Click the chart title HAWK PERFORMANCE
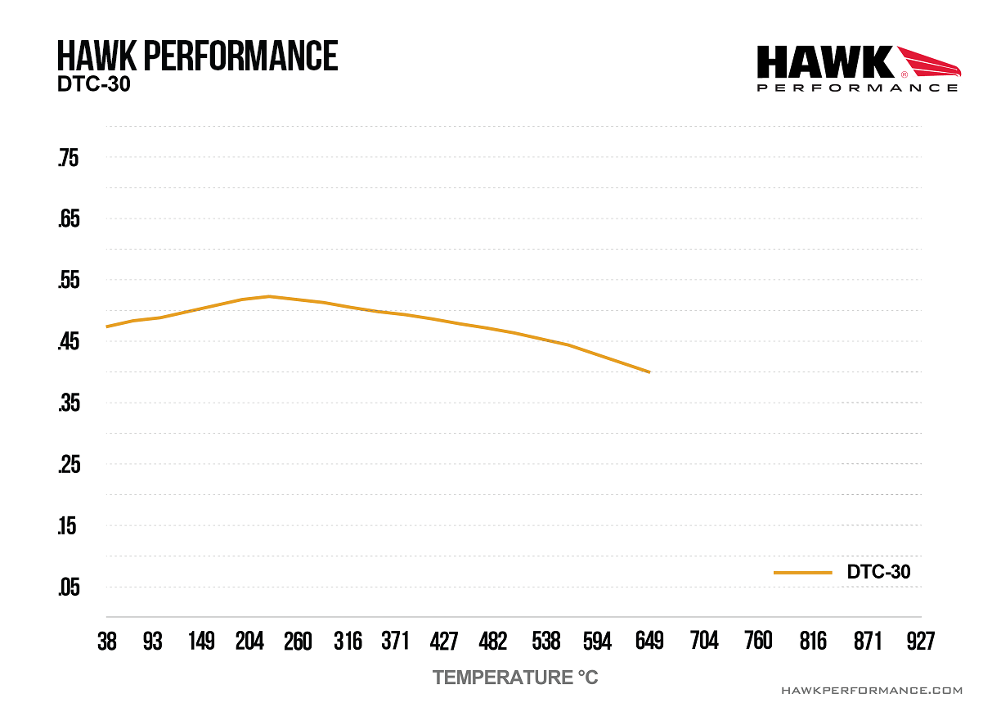[x=197, y=56]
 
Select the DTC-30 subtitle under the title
[x=94, y=84]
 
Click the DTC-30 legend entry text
[x=878, y=572]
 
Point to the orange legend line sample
[x=802, y=573]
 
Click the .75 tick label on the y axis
[x=68, y=158]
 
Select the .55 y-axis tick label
[x=68, y=281]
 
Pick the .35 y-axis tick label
[x=68, y=403]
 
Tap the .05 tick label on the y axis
[x=68, y=588]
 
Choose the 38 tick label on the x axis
[x=107, y=642]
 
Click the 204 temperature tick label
[x=249, y=642]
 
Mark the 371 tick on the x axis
[x=395, y=642]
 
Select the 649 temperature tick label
[x=649, y=642]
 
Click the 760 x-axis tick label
[x=758, y=642]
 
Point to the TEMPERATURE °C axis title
[x=515, y=678]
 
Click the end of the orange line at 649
[x=649, y=372]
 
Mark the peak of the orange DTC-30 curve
[x=268, y=296]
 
